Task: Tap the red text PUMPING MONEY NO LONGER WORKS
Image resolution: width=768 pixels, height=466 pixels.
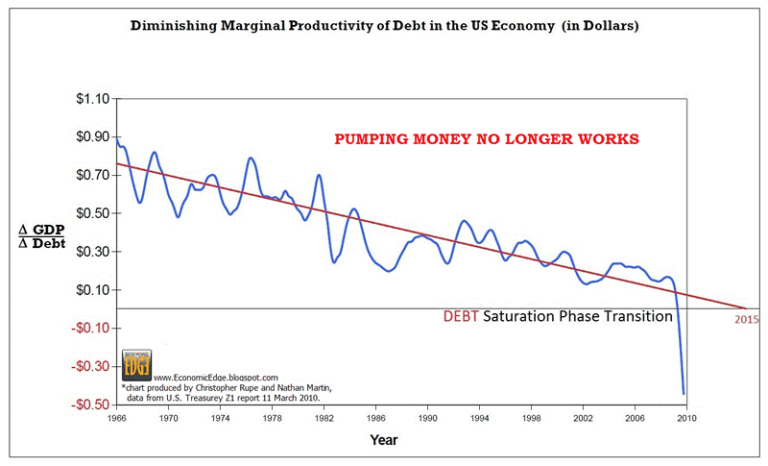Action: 486,139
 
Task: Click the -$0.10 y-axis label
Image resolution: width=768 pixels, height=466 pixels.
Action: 86,329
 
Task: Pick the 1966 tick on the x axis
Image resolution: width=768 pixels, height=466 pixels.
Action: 116,419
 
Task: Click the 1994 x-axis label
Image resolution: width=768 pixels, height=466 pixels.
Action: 475,419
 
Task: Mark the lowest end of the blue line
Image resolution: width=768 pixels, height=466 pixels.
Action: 684,393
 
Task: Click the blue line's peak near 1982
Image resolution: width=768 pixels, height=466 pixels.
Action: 318,176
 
